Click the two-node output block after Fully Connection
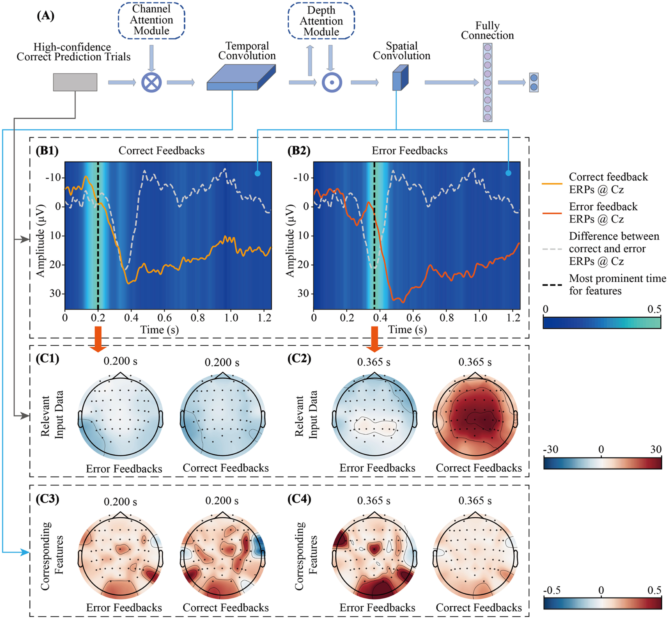pyautogui.click(x=534, y=82)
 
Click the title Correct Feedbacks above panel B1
pyautogui.click(x=161, y=151)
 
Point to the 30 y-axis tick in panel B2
pyautogui.click(x=303, y=293)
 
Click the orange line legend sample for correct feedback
pyautogui.click(x=552, y=184)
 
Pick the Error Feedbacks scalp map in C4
pyautogui.click(x=374, y=556)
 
